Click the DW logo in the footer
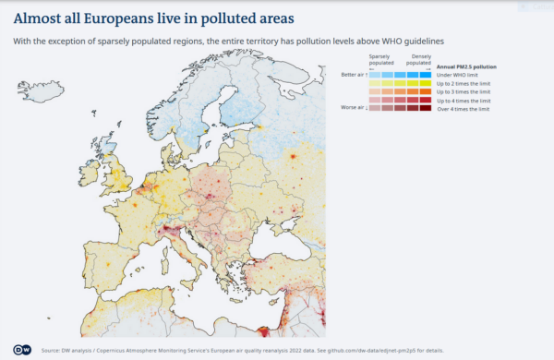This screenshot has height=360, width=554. pyautogui.click(x=23, y=350)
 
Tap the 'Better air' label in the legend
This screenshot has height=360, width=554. pyautogui.click(x=353, y=74)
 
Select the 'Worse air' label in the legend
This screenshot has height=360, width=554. pyautogui.click(x=353, y=108)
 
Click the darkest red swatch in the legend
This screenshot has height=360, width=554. pyautogui.click(x=426, y=108)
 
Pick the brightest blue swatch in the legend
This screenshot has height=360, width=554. pyautogui.click(x=426, y=75)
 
